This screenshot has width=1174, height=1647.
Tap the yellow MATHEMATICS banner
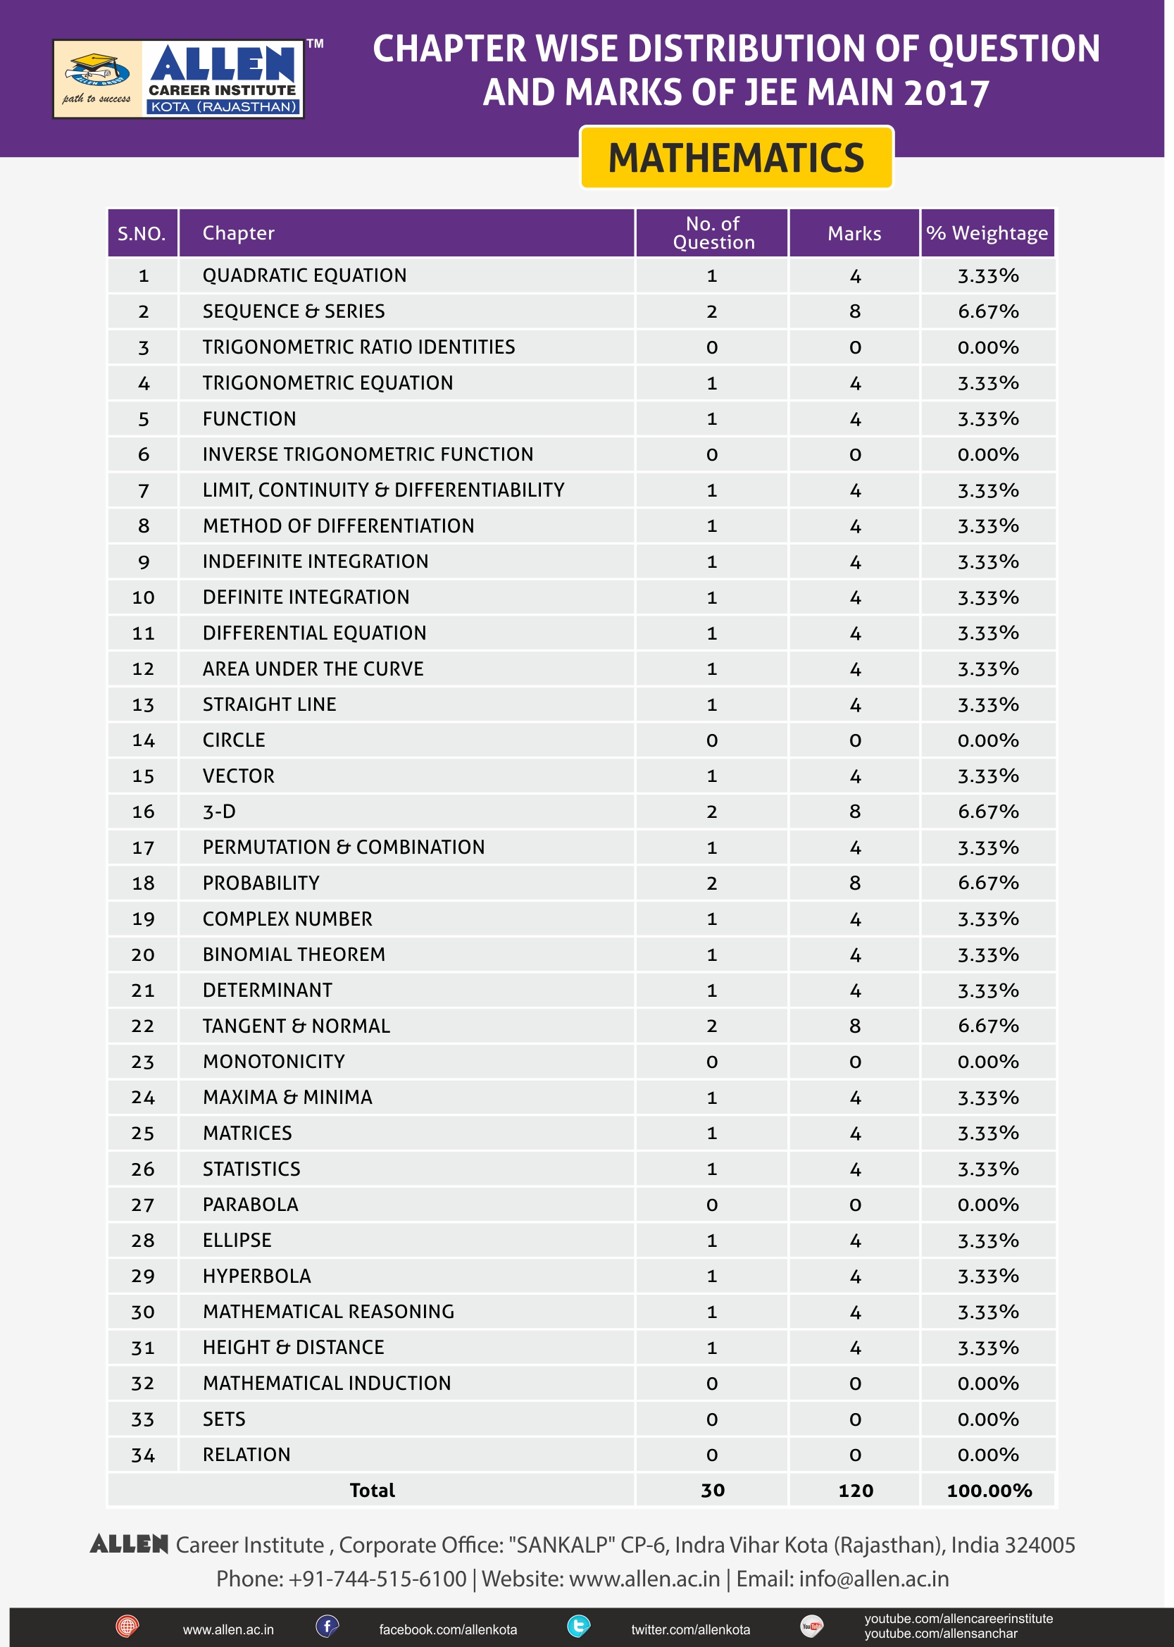click(x=736, y=158)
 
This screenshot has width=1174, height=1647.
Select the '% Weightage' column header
click(x=987, y=232)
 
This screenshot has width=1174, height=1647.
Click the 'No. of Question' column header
click(x=713, y=232)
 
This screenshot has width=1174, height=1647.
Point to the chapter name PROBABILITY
click(x=261, y=883)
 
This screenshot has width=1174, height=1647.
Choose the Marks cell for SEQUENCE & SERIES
click(x=854, y=311)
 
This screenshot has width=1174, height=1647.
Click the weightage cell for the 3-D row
click(x=987, y=812)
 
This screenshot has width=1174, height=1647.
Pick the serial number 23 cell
click(x=142, y=1062)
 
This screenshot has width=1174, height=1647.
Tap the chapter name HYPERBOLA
click(x=256, y=1276)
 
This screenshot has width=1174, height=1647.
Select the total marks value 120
click(x=855, y=1490)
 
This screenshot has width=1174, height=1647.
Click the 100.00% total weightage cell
click(x=988, y=1490)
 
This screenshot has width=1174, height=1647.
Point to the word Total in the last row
click(x=373, y=1490)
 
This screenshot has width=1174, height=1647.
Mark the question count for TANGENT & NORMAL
click(x=712, y=1026)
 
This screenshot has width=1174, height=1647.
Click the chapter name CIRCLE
click(x=234, y=740)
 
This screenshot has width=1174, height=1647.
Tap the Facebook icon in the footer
click(x=327, y=1627)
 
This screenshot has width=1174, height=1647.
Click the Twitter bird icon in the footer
click(x=578, y=1627)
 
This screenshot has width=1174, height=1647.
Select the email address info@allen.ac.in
click(x=873, y=1578)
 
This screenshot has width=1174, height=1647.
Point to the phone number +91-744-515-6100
click(x=377, y=1578)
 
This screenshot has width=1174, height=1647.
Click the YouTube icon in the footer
click(x=812, y=1627)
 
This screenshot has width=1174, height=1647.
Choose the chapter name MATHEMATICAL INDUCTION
click(x=327, y=1383)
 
